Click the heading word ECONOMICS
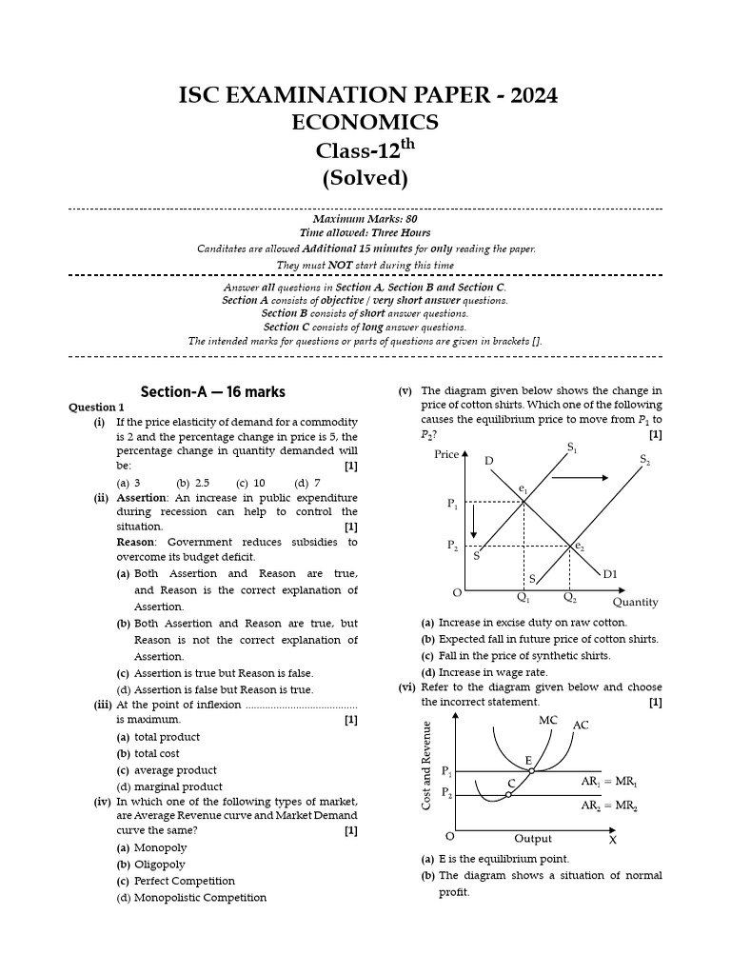pyautogui.click(x=365, y=123)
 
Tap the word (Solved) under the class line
pyautogui.click(x=365, y=178)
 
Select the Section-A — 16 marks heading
pyautogui.click(x=212, y=392)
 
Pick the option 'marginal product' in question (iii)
pyautogui.click(x=169, y=786)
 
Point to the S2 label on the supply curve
pyautogui.click(x=645, y=460)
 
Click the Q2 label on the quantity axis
pyautogui.click(x=569, y=598)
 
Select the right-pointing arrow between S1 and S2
pyautogui.click(x=580, y=476)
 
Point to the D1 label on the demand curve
pyautogui.click(x=610, y=574)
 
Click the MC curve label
pyautogui.click(x=547, y=721)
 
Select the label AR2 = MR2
pyautogui.click(x=609, y=806)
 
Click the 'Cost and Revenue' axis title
pyautogui.click(x=427, y=766)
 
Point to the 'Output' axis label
pyautogui.click(x=533, y=839)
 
